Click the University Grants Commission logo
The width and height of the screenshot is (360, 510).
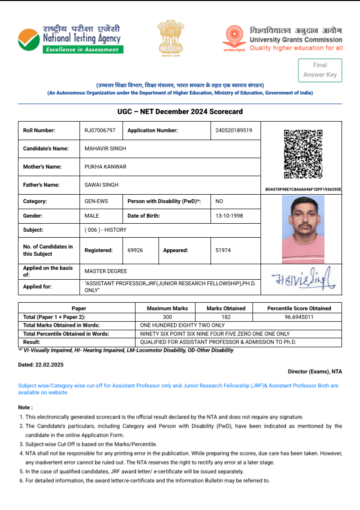[282, 39]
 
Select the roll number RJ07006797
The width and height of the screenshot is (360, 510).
[100, 131]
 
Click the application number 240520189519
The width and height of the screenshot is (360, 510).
[230, 131]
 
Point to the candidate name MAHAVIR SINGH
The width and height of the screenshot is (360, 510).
[105, 149]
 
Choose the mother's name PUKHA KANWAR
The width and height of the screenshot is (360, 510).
[105, 167]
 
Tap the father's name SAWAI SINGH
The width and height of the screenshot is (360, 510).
[101, 185]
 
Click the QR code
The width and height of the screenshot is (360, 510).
[303, 155]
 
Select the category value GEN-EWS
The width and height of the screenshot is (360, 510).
[96, 201]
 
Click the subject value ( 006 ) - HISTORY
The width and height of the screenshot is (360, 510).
[105, 230]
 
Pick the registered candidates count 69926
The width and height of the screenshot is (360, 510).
[135, 250]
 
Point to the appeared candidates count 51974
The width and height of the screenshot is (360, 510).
[223, 250]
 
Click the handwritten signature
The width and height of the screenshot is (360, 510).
[303, 280]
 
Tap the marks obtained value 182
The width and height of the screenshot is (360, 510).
[226, 317]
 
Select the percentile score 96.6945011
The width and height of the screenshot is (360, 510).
[299, 317]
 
